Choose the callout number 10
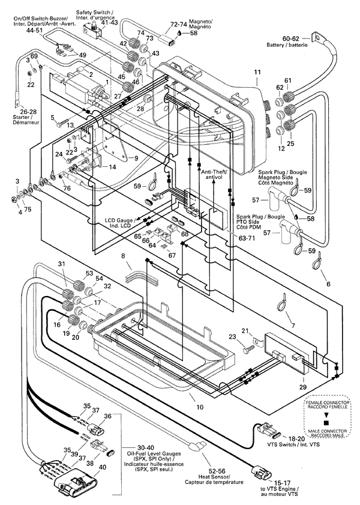(x=200, y=407)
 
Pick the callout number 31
(x=61, y=265)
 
